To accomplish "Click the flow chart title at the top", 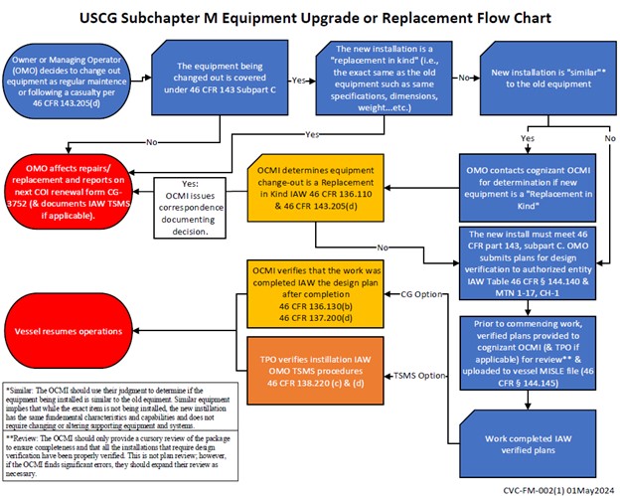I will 310,18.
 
